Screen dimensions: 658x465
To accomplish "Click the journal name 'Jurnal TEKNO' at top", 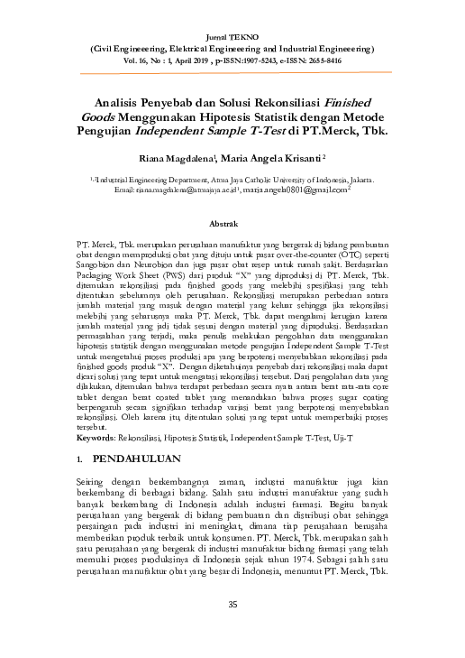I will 232,30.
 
